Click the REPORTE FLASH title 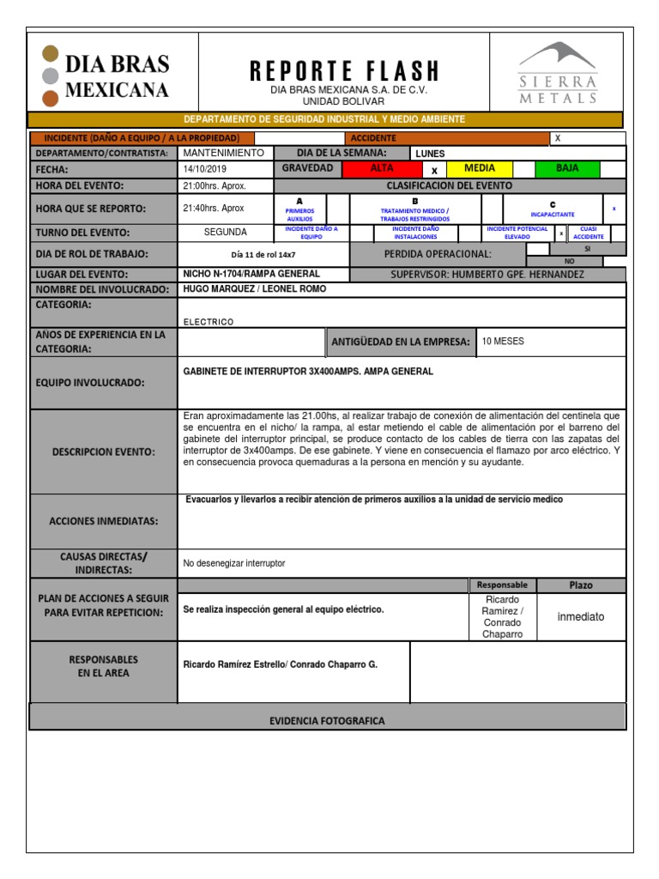[344, 71]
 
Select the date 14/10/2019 [204, 169]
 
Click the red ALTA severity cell [381, 168]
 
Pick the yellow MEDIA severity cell [479, 168]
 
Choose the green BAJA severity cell [567, 168]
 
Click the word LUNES [430, 154]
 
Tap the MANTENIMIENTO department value [222, 153]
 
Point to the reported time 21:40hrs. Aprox [214, 208]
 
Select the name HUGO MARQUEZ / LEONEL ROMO [255, 289]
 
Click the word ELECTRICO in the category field [209, 322]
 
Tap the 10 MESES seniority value [503, 342]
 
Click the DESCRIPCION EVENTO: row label [103, 452]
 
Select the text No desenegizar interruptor [234, 563]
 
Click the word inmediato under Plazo [581, 616]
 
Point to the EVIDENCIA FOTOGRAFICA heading [327, 721]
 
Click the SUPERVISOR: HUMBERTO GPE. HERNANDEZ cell [487, 274]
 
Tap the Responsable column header [502, 585]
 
